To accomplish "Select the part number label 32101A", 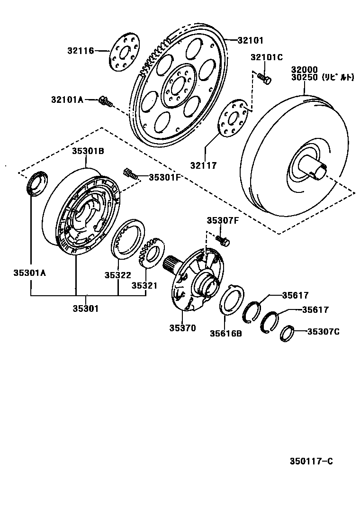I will (x=67, y=100).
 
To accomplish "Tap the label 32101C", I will (x=267, y=57).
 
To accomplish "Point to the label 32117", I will (x=204, y=165).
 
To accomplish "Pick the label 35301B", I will (x=88, y=151).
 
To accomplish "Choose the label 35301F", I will (x=165, y=177).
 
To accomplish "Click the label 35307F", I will (x=223, y=220).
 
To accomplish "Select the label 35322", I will (x=118, y=275).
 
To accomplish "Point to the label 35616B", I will (x=226, y=333).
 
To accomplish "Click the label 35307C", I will (x=324, y=332).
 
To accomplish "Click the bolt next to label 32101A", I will (x=106, y=100).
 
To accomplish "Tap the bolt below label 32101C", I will (x=264, y=78).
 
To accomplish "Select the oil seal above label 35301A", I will (x=36, y=183).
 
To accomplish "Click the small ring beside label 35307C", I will (x=287, y=334).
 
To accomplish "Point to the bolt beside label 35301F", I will (x=130, y=173).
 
